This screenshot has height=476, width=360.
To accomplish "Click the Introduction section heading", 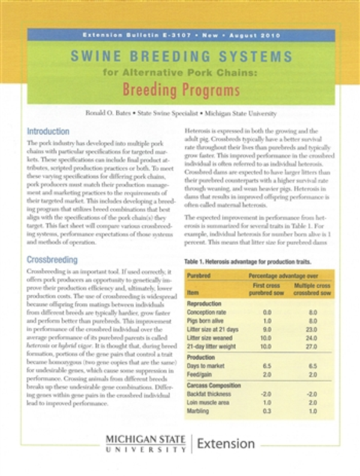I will coord(48,131).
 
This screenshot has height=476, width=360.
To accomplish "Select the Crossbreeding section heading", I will coord(52,261).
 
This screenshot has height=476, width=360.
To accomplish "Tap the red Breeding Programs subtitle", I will coord(181,91).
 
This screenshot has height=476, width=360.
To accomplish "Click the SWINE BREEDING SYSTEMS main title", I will coord(181,58).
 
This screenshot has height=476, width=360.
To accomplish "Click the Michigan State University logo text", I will coord(146,444).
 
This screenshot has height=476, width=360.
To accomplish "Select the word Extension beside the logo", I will coord(226,444).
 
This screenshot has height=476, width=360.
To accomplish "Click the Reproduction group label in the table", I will coord(205,304).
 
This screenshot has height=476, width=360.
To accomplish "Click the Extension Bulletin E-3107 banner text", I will coord(181,35).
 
